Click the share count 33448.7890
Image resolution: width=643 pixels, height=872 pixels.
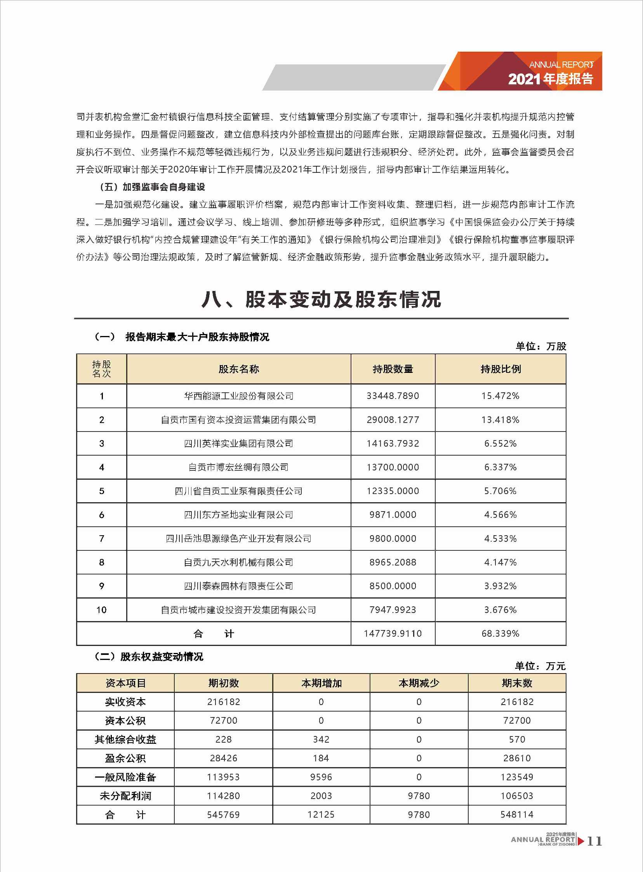tap(392, 396)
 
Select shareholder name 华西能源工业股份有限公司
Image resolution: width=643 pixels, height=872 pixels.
tap(238, 396)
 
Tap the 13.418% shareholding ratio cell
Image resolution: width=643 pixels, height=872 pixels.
tap(500, 419)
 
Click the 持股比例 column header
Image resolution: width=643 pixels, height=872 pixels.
tap(500, 369)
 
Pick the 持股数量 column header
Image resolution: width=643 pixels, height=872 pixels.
tap(392, 369)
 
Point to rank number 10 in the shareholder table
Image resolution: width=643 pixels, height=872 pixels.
tap(102, 609)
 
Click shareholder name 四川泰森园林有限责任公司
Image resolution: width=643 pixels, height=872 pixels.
tap(238, 586)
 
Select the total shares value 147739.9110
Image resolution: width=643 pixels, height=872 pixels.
tap(392, 634)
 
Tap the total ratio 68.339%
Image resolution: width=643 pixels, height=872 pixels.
tap(500, 634)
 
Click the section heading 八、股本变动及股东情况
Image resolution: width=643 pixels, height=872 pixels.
tap(321, 300)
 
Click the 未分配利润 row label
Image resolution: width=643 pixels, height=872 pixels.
tap(125, 796)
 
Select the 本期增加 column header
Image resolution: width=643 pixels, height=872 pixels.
tap(321, 683)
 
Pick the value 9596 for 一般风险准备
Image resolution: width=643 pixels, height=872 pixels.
tap(321, 777)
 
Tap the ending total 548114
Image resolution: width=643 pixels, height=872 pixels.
tap(516, 815)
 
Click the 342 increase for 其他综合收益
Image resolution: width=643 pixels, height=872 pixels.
tap(321, 739)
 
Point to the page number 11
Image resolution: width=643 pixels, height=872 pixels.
tap(594, 841)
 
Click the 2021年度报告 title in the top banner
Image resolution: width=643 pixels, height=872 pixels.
tap(550, 79)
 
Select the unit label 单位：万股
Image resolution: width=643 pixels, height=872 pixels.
tap(540, 346)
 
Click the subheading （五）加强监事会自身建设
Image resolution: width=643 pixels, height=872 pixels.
tap(152, 187)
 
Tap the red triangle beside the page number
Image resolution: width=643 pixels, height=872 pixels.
tap(581, 841)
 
